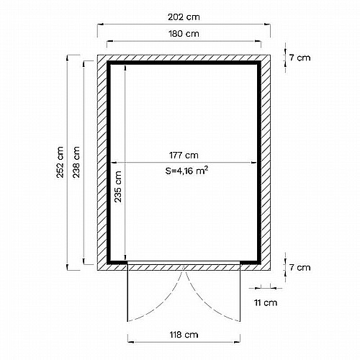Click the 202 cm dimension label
(184, 17)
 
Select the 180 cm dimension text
(184, 34)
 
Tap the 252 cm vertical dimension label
(60, 162)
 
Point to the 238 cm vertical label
(76, 162)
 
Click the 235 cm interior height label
(118, 186)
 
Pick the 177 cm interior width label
(184, 156)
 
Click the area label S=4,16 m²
(186, 171)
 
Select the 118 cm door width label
(184, 335)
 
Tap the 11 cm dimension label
(266, 302)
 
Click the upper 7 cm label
(300, 58)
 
